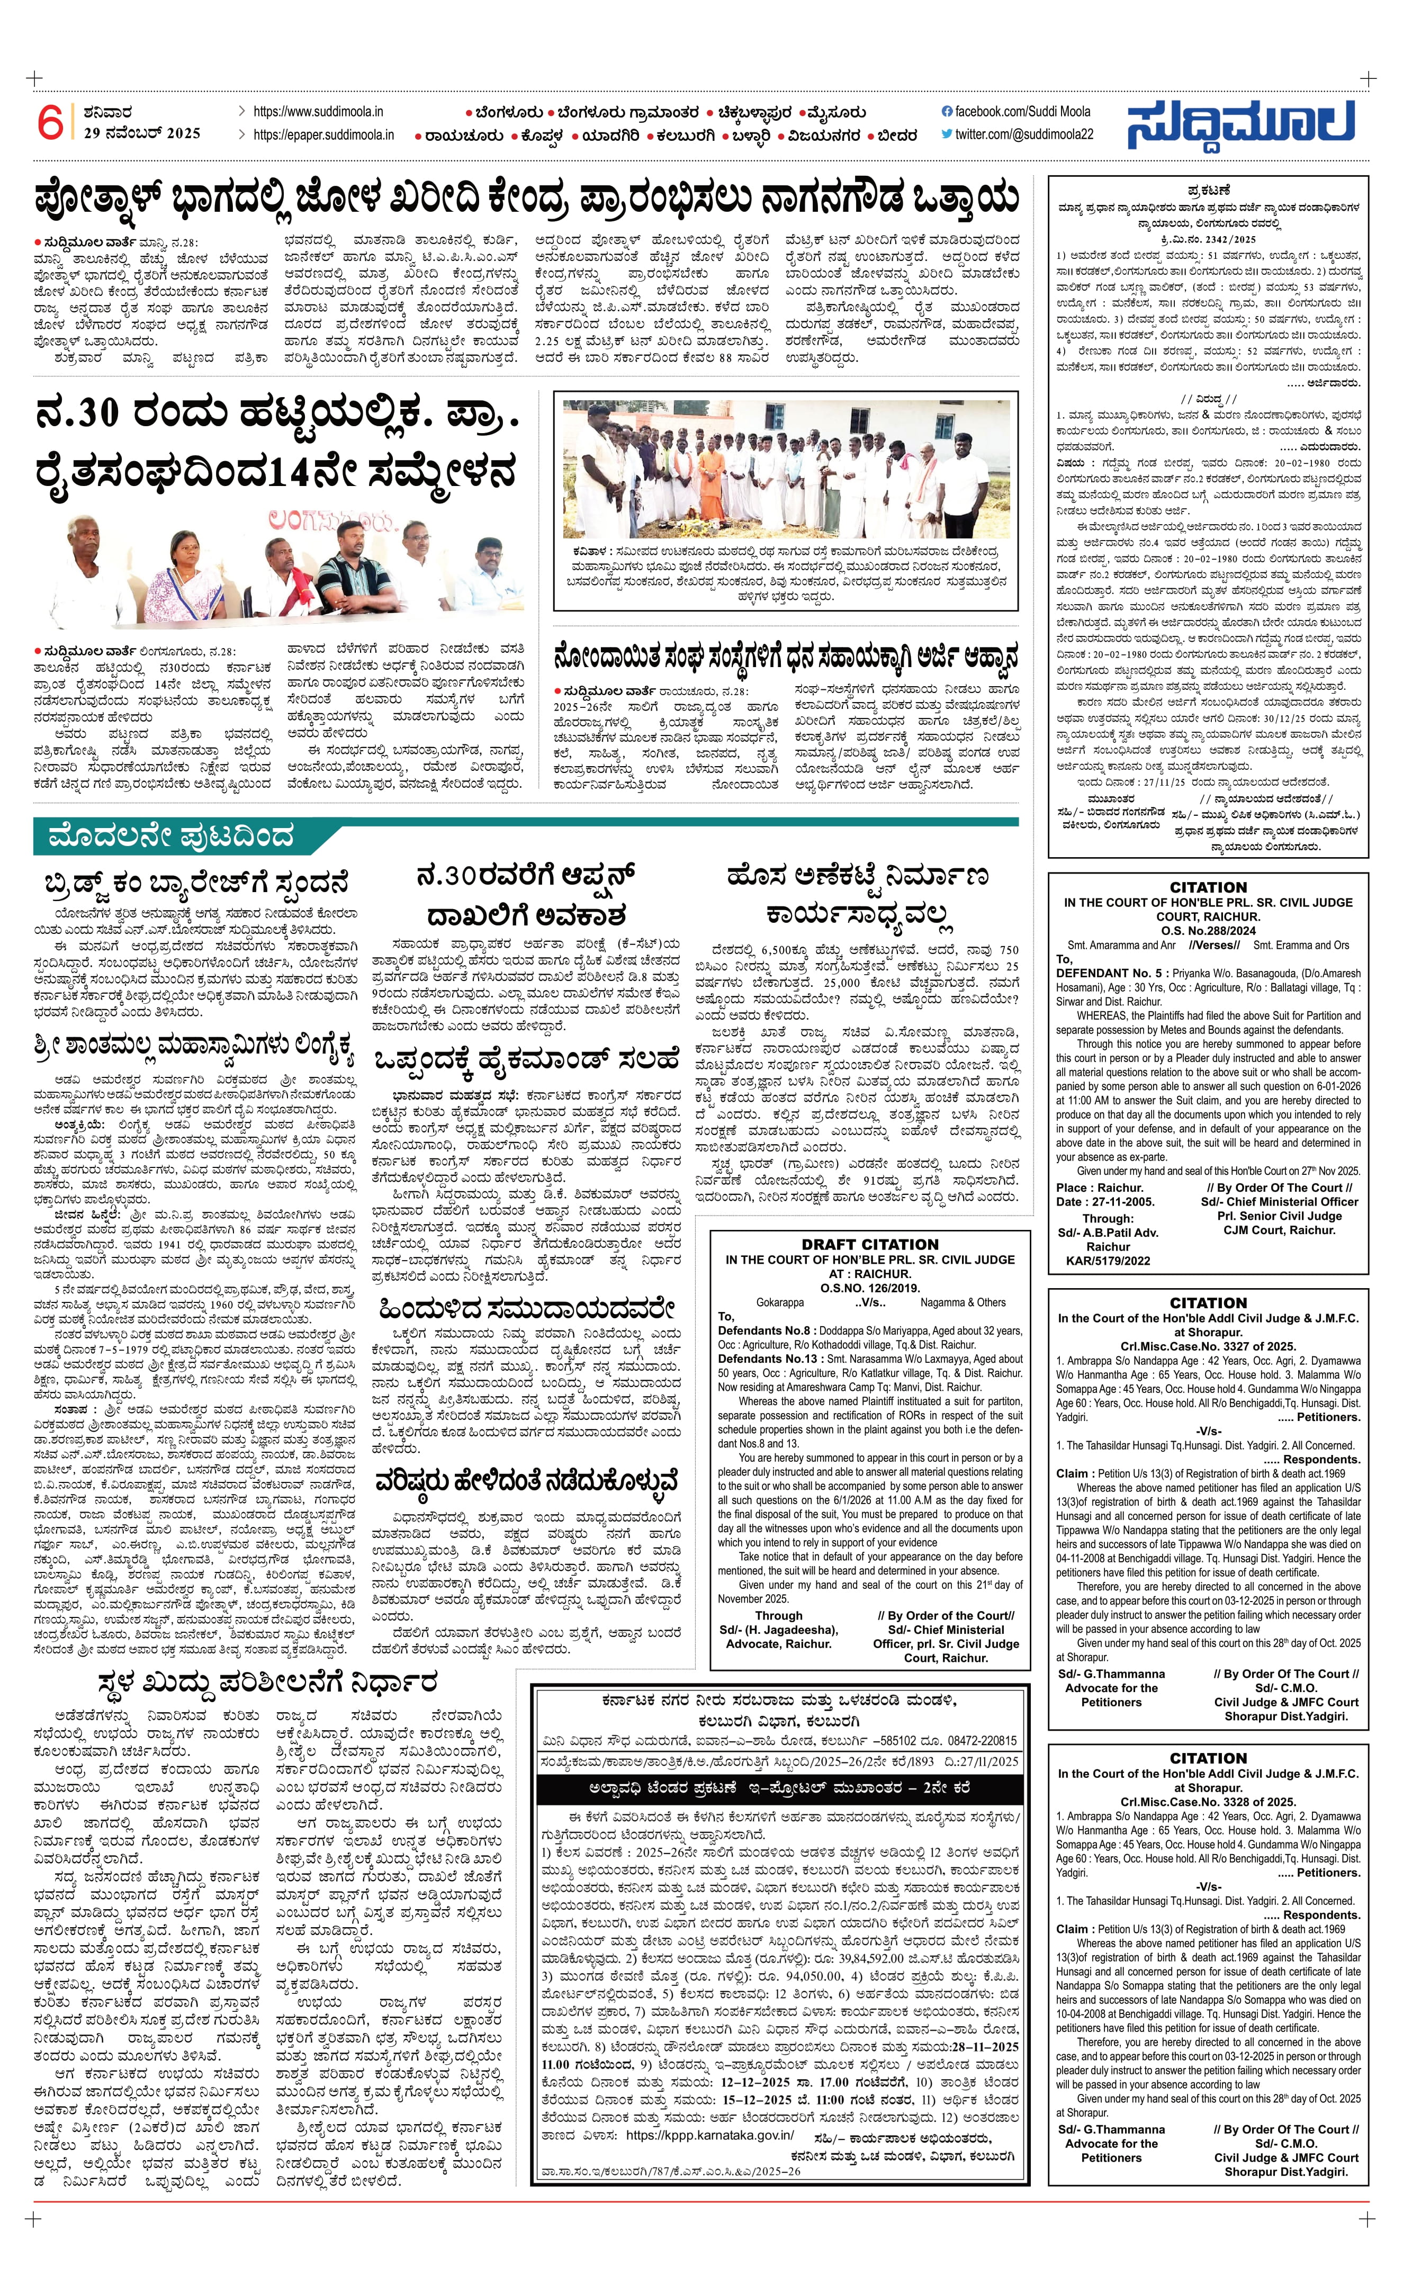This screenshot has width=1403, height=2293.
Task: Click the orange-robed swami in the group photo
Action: click(711, 479)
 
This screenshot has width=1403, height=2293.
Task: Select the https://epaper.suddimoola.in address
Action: click(323, 135)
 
